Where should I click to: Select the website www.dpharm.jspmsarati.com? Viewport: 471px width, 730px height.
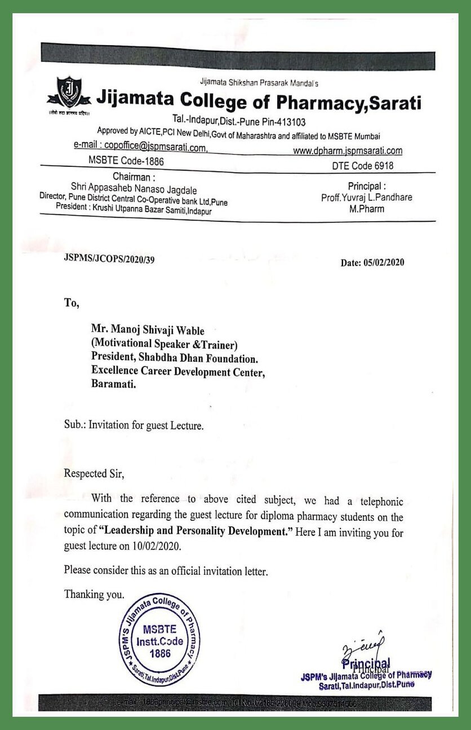pos(348,151)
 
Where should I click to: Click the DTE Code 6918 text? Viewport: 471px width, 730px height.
pos(363,166)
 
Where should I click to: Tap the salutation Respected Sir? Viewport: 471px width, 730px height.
pos(94,474)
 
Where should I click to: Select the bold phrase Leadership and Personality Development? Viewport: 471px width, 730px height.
pos(193,532)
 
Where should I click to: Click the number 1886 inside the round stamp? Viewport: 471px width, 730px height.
pos(159,653)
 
